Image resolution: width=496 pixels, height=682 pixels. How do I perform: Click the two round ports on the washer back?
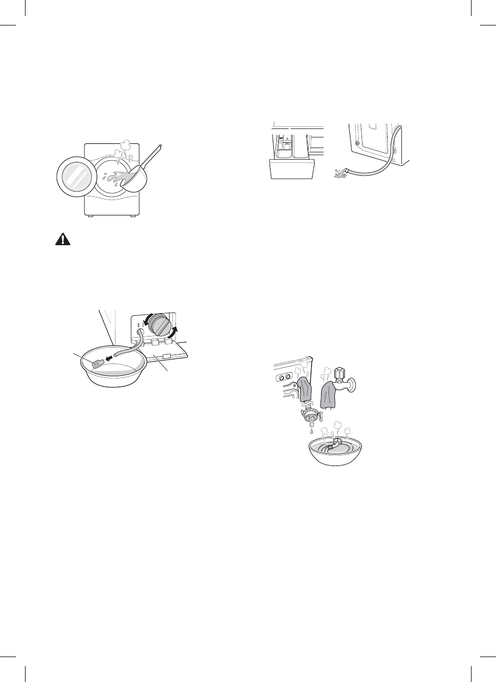[283, 377]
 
